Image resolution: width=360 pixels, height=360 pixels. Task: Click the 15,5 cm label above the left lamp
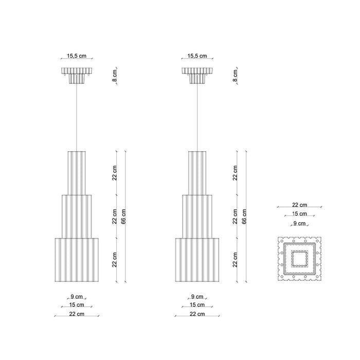[x=77, y=56]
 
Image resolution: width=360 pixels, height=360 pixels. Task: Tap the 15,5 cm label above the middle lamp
[x=197, y=56]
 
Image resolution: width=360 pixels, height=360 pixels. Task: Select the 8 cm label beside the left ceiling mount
[x=115, y=75]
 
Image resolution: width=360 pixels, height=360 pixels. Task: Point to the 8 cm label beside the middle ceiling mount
[x=235, y=75]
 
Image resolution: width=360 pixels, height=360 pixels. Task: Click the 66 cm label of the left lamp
[x=123, y=217]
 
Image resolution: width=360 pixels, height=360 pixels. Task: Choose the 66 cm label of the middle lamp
[x=244, y=217]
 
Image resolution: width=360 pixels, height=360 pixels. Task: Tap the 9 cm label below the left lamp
[x=77, y=297]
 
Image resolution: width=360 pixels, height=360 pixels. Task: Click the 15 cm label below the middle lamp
[x=197, y=305]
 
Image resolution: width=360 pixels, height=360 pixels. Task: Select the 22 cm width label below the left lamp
[x=77, y=314]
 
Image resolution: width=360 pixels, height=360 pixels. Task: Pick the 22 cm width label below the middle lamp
[x=197, y=314]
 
